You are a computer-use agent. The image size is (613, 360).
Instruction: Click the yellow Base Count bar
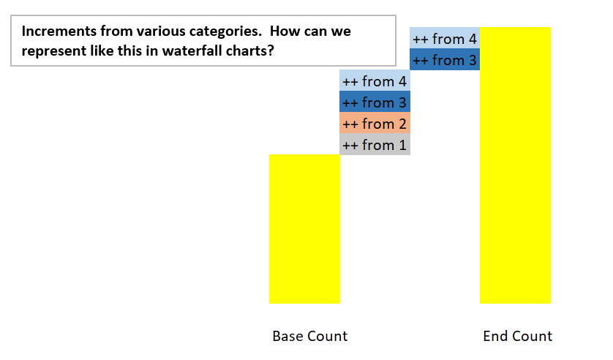tap(304, 229)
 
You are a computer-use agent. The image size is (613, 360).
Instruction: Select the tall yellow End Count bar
tap(515, 165)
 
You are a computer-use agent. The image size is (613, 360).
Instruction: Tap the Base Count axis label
tap(310, 336)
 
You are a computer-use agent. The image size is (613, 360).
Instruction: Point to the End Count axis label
tap(518, 336)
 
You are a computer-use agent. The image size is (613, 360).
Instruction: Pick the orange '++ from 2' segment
tap(375, 123)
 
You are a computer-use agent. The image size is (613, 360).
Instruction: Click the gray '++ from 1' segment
tap(375, 144)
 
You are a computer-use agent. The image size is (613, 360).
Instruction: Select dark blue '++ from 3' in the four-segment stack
tap(375, 102)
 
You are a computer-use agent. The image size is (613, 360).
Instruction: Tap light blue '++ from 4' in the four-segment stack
tap(375, 81)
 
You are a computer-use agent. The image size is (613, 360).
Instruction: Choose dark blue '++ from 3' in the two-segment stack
tap(445, 59)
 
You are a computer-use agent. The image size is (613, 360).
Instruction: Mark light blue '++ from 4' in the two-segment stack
tap(445, 38)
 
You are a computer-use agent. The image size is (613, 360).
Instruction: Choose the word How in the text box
tap(283, 31)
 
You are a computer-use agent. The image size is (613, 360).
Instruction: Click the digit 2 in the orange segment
tap(402, 124)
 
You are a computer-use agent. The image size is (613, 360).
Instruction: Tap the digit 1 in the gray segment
tap(402, 145)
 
